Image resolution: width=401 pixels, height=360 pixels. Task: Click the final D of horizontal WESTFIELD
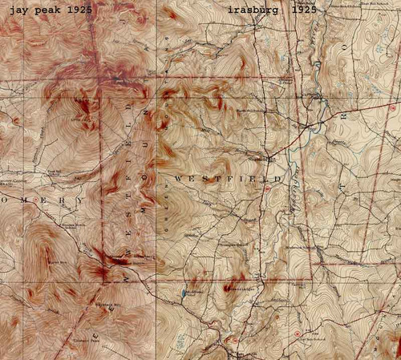[x=278, y=176]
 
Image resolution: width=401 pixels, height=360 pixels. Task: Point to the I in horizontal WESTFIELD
[x=241, y=176]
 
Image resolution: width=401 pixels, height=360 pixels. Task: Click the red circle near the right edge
[x=392, y=107]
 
